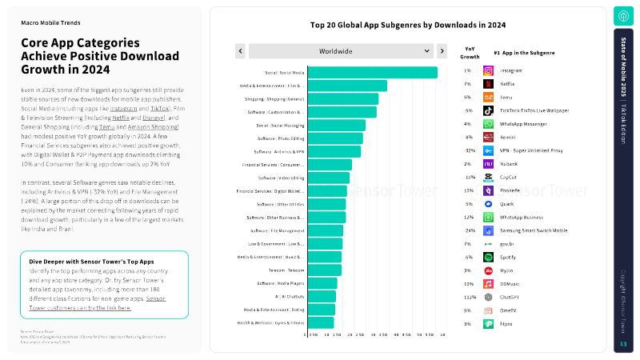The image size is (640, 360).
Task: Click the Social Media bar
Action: click(372, 72)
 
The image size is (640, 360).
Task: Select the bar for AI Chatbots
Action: click(322, 296)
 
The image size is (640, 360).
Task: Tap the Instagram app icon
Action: click(488, 70)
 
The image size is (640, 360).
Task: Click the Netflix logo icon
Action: click(488, 84)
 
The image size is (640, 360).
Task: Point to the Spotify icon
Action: click(488, 257)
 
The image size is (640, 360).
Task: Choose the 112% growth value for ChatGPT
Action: click(468, 296)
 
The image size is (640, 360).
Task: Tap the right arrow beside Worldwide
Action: click(442, 51)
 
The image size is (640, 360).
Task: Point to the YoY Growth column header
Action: click(470, 52)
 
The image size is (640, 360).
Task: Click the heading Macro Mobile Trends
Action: click(50, 23)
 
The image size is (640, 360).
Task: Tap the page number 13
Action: click(623, 344)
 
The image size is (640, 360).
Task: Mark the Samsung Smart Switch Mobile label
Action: click(534, 230)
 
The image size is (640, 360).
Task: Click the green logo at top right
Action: click(623, 15)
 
